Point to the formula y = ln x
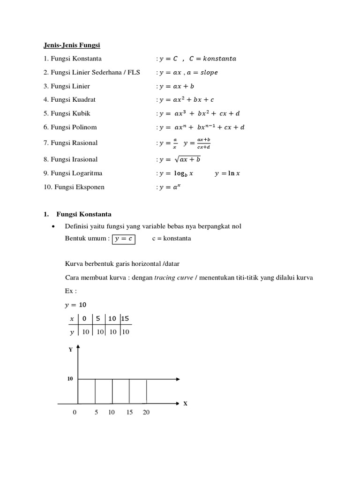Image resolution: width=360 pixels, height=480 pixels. (x=227, y=173)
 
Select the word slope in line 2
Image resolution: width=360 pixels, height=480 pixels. (x=208, y=73)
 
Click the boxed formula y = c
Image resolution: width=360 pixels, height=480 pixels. (x=124, y=239)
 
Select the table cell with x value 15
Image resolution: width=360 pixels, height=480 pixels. (x=125, y=319)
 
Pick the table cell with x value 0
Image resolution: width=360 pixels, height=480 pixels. (x=84, y=319)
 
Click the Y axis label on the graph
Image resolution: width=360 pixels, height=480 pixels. (x=70, y=350)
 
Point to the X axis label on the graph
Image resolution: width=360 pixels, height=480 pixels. (x=185, y=403)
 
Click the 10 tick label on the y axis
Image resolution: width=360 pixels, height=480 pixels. (x=70, y=379)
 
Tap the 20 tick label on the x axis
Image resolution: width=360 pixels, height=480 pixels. (x=146, y=412)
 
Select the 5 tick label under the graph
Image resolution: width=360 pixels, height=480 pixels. (x=96, y=412)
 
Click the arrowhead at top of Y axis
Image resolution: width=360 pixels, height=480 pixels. (x=78, y=347)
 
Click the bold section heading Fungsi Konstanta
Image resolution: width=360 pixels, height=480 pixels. (x=84, y=214)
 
